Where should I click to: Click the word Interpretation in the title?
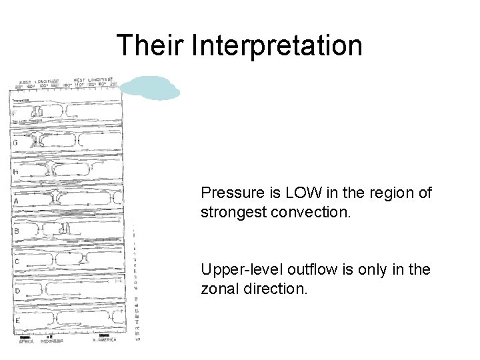pos(277,45)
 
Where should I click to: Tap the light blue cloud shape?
pos(153,88)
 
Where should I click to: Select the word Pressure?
pos(229,193)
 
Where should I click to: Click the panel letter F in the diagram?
pos(15,113)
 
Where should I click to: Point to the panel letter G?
pos(15,143)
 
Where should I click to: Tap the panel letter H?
pos(15,171)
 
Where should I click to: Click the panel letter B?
pos(17,231)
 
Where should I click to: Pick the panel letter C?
pos(17,261)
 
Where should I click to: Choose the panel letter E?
pos(18,320)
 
